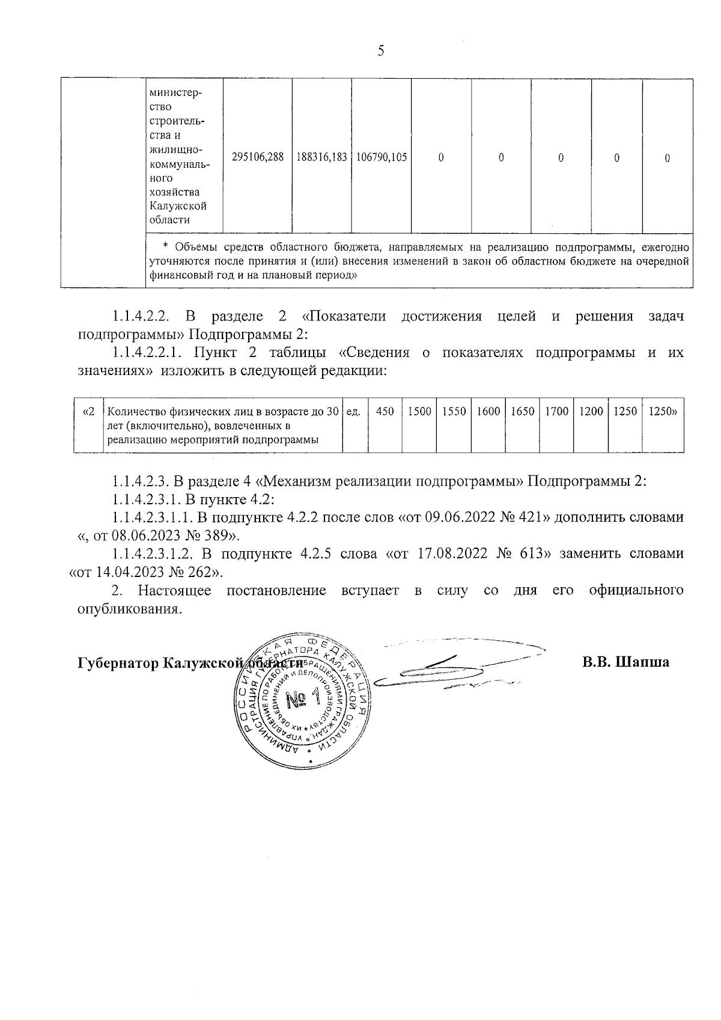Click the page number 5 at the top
pyautogui.click(x=381, y=50)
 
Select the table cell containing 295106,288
pyautogui.click(x=257, y=157)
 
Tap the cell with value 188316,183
pyautogui.click(x=321, y=157)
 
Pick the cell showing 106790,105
pyautogui.click(x=382, y=157)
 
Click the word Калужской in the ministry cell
pyautogui.click(x=178, y=206)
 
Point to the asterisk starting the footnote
pyautogui.click(x=166, y=248)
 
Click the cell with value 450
pyautogui.click(x=385, y=412)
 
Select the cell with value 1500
pyautogui.click(x=419, y=412)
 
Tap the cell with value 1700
pyautogui.click(x=557, y=412)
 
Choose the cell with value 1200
pyautogui.click(x=591, y=412)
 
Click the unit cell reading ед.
pyautogui.click(x=354, y=412)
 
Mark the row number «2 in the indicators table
pyautogui.click(x=88, y=412)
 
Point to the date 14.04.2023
pyautogui.click(x=132, y=572)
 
